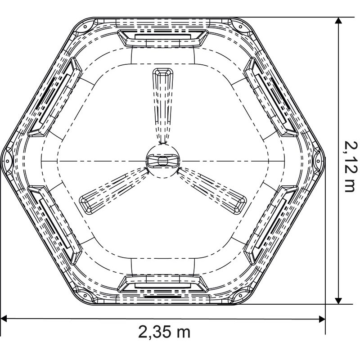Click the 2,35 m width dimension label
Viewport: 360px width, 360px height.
(164, 332)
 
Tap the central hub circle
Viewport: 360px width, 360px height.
(162, 161)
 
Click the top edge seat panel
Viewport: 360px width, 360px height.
(162, 36)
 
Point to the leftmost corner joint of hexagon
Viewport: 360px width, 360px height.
(7, 158)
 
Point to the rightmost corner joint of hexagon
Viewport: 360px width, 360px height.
(318, 158)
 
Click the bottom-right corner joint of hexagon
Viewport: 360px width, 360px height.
(240, 295)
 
